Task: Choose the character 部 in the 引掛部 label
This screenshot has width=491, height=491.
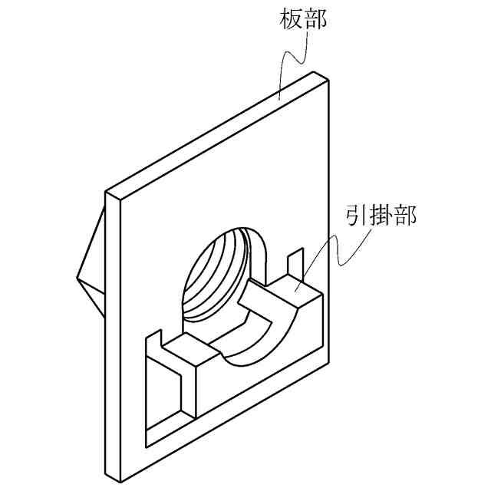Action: click(405, 216)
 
